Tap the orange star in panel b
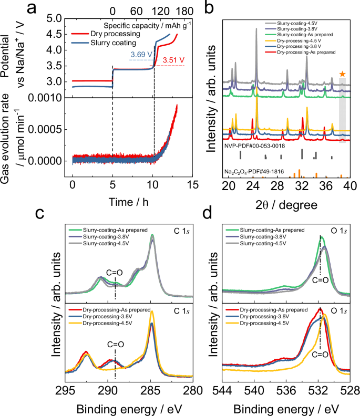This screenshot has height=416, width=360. tap(342, 74)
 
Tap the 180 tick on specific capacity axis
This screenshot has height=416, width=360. tap(186, 10)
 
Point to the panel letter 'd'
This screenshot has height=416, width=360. tap(209, 213)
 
